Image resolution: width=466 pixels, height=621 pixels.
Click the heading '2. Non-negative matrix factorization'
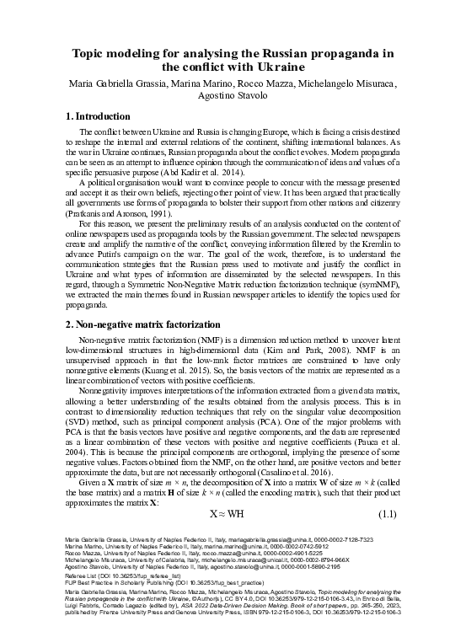click(x=144, y=324)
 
